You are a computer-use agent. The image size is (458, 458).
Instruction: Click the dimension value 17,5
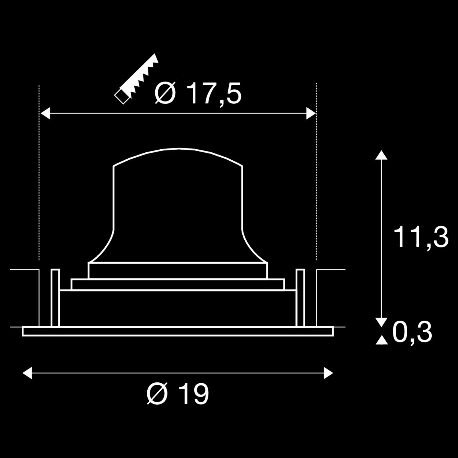point(214,94)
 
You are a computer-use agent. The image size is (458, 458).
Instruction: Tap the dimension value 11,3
point(421,237)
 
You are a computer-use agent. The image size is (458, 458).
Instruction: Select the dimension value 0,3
point(412,332)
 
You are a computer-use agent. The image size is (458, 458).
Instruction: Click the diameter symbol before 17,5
point(165,93)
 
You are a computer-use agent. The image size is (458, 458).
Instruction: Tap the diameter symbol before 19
point(157,394)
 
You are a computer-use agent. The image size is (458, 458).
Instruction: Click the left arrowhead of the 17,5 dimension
point(45,113)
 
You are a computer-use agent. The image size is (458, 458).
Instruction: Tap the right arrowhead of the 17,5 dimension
point(311,113)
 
